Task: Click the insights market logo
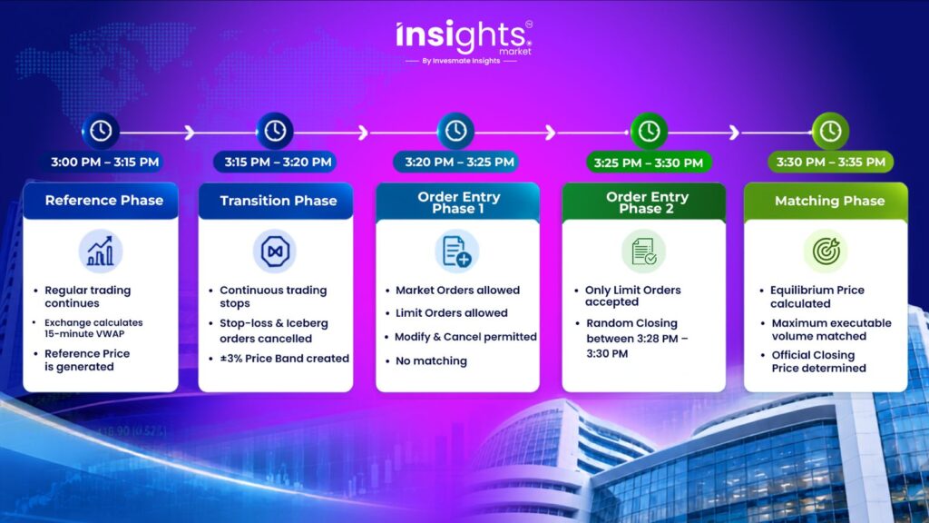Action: (464, 42)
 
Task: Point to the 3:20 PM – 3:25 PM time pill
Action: (459, 162)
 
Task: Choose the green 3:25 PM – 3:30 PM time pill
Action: (648, 163)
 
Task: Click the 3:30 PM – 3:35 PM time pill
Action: (831, 162)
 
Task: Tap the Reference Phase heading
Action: (104, 201)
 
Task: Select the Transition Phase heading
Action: (279, 201)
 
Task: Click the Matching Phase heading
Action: (829, 201)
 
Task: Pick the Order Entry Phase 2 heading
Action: (647, 202)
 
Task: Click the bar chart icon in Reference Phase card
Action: (101, 252)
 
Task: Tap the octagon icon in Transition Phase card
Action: (275, 252)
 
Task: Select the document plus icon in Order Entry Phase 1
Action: (457, 252)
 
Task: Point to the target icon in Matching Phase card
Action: (826, 252)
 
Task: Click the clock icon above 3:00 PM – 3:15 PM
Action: (101, 131)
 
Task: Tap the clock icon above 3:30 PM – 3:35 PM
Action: (830, 131)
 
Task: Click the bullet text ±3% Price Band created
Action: (284, 359)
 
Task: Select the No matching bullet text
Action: (431, 360)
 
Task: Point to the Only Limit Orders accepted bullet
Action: (632, 296)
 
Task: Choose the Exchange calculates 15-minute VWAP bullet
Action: (93, 328)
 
